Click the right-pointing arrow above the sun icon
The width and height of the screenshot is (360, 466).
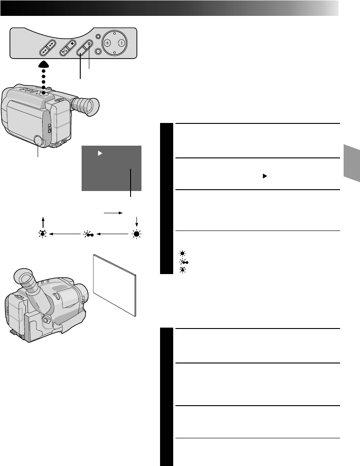[113, 211]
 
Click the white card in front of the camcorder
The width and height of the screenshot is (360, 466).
[115, 284]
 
